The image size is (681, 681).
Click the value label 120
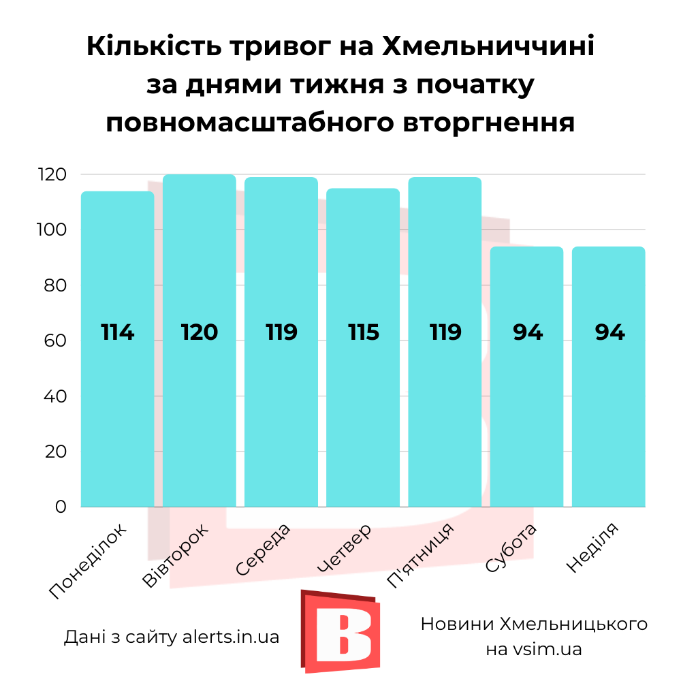click(199, 332)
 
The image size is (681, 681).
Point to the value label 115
click(363, 332)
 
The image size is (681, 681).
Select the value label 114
click(117, 332)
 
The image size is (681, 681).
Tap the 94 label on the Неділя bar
click(609, 332)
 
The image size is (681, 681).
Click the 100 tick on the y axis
click(52, 230)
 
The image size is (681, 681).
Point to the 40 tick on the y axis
click(55, 396)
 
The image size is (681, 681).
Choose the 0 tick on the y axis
click(61, 507)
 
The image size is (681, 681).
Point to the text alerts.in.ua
click(231, 637)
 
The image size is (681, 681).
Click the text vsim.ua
click(548, 650)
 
